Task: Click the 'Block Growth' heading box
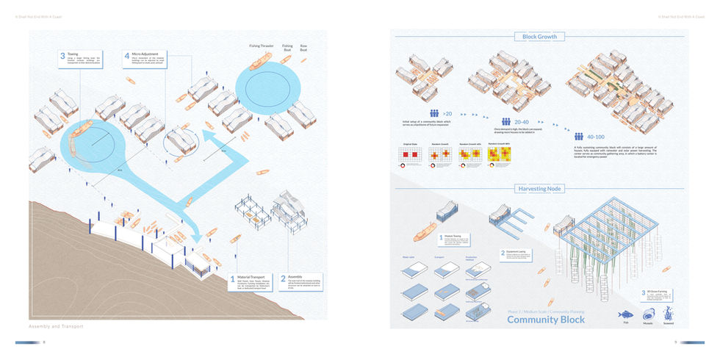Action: [x=539, y=37]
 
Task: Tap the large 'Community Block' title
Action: [x=546, y=320]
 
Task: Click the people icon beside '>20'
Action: [x=436, y=114]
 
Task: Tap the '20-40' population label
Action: [x=522, y=122]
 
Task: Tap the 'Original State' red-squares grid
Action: [x=407, y=154]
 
